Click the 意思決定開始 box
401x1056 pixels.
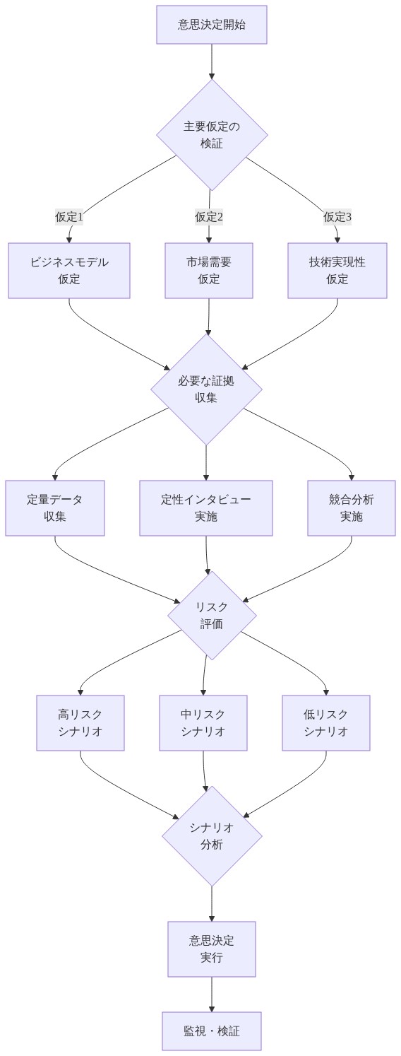(212, 25)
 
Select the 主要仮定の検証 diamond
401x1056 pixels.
(212, 134)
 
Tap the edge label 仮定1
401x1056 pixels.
(69, 217)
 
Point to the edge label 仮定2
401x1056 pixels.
(209, 217)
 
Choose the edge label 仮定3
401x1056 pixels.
(337, 217)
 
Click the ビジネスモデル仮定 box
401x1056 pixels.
(69, 271)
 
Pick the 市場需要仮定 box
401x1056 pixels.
(209, 271)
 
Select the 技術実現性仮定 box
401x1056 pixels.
(337, 271)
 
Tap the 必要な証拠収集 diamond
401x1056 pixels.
(206, 389)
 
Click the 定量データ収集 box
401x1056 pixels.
(55, 508)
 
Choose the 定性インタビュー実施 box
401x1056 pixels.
(206, 508)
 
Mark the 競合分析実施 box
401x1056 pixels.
(352, 508)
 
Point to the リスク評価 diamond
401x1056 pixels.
(212, 615)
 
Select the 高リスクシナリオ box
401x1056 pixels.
(80, 723)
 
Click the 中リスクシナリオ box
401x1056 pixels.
(203, 723)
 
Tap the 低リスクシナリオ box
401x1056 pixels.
(326, 723)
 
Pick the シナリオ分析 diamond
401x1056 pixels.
(212, 835)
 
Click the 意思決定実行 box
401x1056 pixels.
(212, 949)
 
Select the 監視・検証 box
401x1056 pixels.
(212, 1031)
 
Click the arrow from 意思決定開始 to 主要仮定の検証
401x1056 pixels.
(212, 61)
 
